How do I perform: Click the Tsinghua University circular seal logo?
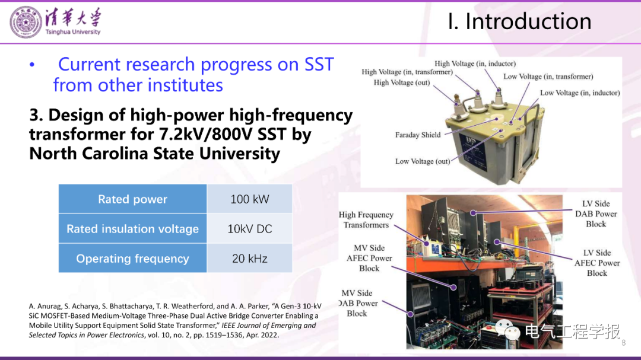26,22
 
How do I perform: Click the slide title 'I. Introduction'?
519,21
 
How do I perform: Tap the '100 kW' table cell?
250,199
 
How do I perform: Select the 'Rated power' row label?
132,199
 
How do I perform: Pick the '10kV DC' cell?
250,229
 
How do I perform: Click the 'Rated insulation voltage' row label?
132,229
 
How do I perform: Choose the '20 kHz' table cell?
250,258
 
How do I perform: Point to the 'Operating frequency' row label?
132,258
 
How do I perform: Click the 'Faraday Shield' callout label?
418,135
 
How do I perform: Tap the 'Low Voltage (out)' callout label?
423,161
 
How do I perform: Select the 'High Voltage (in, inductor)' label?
475,63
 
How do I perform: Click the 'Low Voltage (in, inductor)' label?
580,93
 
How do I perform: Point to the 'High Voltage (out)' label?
402,82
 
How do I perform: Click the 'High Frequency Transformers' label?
366,220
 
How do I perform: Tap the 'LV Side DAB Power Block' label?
596,214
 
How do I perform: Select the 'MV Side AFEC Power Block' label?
369,258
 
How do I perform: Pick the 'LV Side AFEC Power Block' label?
597,263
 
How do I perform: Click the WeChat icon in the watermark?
507,329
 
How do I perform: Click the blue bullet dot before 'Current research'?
32,65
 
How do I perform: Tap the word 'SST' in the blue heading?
319,65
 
